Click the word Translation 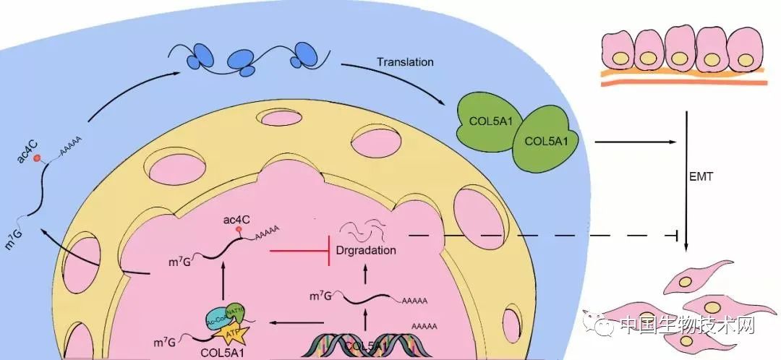pyautogui.click(x=405, y=62)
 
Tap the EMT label pyautogui.click(x=702, y=176)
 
